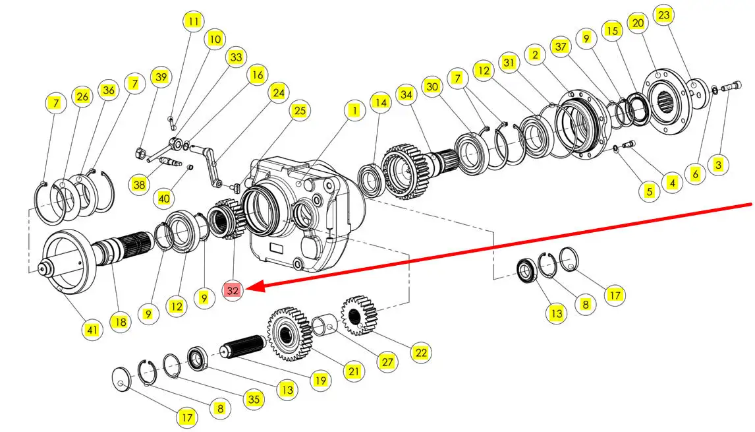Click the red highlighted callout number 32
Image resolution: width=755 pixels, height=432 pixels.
[x=233, y=290]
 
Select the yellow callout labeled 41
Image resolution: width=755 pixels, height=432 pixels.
[x=93, y=329]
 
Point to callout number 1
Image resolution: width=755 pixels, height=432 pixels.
[x=354, y=110]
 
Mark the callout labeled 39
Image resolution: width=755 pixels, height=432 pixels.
[x=160, y=77]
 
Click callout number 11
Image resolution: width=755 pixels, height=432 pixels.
[x=192, y=22]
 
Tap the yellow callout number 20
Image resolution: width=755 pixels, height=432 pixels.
[x=637, y=24]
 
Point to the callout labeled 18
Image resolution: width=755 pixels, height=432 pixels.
[x=120, y=322]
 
